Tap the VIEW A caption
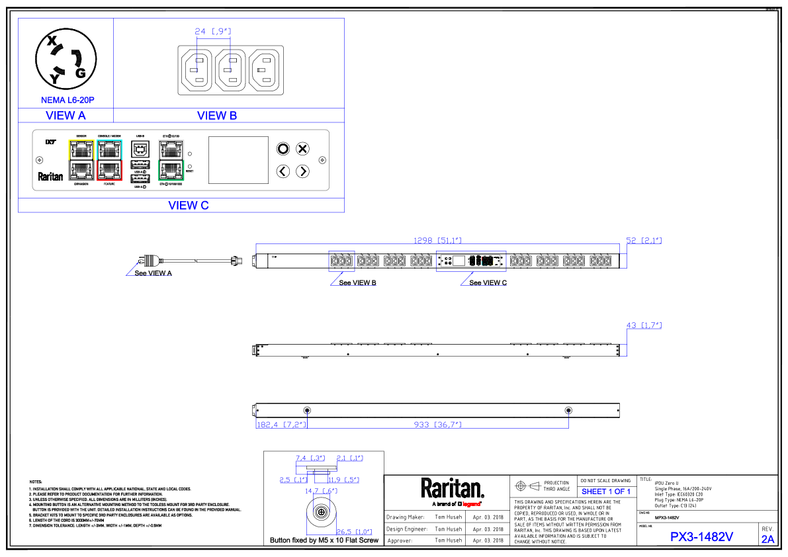pos(66,116)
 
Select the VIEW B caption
pos(217,116)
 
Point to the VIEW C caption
pos(189,206)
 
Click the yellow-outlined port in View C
pos(82,150)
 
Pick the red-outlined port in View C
pos(110,171)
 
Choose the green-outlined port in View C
pos(171,171)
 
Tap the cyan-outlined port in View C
pos(110,150)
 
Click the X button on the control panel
pos(302,148)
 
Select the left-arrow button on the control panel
pos(283,171)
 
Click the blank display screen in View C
pos(238,160)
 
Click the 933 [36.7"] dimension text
pos(437,425)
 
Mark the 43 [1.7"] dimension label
pos(644,325)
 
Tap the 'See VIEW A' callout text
pos(153,273)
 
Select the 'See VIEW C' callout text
pos(488,282)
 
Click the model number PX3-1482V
pos(701,537)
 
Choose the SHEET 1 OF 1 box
pos(605,492)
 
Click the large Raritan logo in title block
pos(453,489)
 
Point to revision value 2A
pos(767,539)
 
